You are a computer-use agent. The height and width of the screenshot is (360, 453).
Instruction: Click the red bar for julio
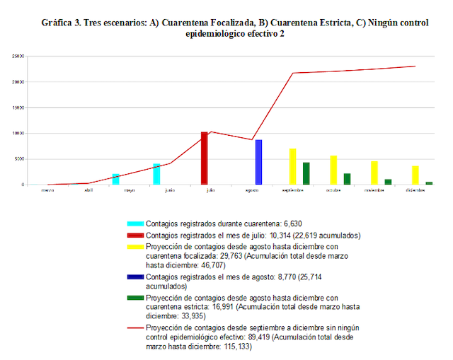click(x=205, y=158)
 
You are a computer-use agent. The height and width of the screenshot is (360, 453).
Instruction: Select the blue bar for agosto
click(x=258, y=162)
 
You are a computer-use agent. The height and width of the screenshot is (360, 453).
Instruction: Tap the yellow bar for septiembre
click(x=292, y=166)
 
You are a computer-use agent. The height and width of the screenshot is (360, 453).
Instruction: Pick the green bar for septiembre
click(x=306, y=173)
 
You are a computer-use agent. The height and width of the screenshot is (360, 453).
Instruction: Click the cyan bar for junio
click(x=156, y=174)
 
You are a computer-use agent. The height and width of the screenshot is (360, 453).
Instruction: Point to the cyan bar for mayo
click(x=115, y=179)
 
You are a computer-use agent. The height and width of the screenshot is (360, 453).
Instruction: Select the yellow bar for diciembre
click(x=415, y=175)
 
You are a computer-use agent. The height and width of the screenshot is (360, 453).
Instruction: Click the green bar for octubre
click(x=347, y=179)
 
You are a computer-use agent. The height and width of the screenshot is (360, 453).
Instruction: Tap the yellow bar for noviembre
click(x=374, y=173)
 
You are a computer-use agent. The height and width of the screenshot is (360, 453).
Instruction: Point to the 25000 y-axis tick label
click(x=17, y=56)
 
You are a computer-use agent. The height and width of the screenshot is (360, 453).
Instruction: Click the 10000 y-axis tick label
click(x=17, y=133)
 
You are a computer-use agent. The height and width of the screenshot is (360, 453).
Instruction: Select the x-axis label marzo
click(x=47, y=190)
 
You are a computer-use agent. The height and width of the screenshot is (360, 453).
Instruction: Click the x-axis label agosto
click(x=252, y=190)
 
